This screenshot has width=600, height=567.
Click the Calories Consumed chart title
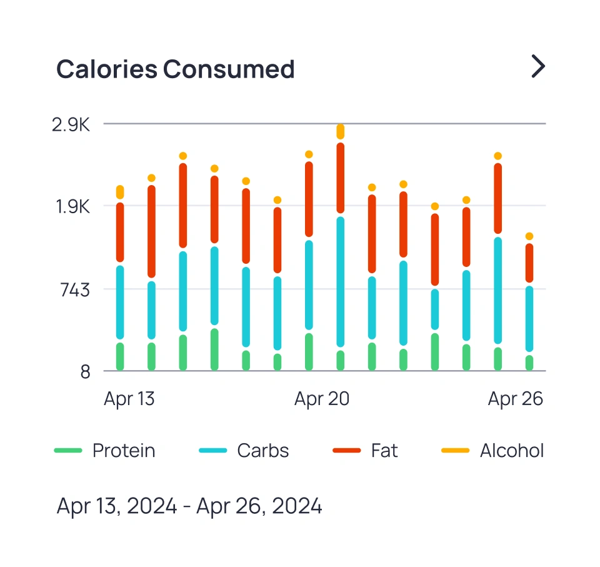(x=175, y=69)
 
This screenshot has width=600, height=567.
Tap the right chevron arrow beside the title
(x=537, y=66)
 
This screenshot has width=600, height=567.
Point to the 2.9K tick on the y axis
(x=71, y=124)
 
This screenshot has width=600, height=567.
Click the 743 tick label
(x=74, y=289)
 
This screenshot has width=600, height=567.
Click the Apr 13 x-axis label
(x=129, y=399)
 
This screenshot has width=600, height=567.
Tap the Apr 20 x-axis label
(x=321, y=399)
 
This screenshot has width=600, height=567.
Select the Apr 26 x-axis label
(x=515, y=399)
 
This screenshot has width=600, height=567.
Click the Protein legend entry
(x=105, y=451)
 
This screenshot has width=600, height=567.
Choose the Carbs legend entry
(x=244, y=451)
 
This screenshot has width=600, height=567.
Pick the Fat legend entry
(x=365, y=451)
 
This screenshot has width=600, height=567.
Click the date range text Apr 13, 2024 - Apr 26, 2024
(x=189, y=506)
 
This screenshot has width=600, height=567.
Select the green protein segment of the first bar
(x=120, y=357)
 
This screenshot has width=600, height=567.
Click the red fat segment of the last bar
(x=529, y=263)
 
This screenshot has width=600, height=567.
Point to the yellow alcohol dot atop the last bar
(x=529, y=236)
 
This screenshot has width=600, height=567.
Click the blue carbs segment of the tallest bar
(x=340, y=281)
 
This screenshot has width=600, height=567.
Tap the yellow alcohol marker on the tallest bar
(x=340, y=131)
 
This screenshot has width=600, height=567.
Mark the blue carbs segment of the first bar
(x=120, y=303)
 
